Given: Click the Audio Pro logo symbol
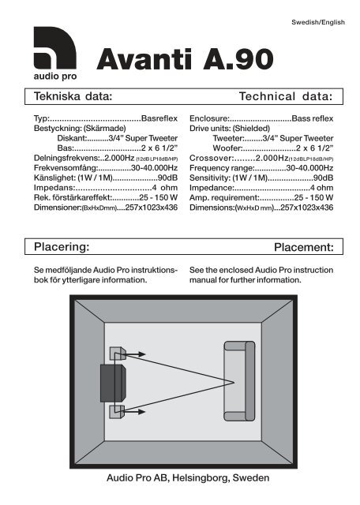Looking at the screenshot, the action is coord(54,47).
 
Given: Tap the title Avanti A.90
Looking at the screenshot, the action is coord(185,59).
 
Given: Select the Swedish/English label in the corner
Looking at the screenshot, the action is coord(318,22).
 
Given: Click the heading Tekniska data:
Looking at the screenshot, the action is coord(73,96).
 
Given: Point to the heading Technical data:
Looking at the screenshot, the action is coord(286,96).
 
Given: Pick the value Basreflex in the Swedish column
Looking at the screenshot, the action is coord(159,118).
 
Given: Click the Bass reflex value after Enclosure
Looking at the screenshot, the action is coord(313,118).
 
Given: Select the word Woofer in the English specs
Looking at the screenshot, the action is coord(227,148).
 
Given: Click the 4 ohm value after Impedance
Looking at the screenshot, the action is coord(321,188).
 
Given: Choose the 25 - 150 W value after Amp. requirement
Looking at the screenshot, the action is coord(313,197).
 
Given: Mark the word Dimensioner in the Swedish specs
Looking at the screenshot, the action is coord(57,208).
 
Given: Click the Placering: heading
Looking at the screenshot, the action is coord(62,247).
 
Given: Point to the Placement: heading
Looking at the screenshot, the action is coord(304,247).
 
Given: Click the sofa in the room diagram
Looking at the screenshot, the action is coord(239,381).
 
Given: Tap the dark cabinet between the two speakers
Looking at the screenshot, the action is coord(113,383).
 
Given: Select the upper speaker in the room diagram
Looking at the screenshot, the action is coord(118,353).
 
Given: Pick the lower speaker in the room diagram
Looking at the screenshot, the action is coord(117,412).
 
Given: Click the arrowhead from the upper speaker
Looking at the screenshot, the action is coord(141,354).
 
